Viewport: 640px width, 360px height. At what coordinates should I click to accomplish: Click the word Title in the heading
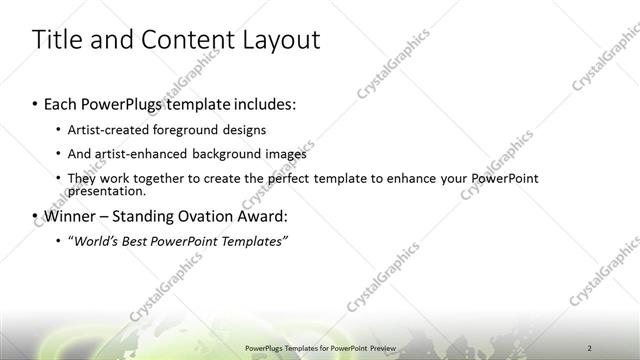pos(59,40)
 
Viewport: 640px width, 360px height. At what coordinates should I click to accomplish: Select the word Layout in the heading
pos(280,40)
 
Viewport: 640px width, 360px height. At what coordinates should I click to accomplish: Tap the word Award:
pos(265,216)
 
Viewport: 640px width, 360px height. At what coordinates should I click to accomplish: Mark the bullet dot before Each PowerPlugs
pos(36,104)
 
